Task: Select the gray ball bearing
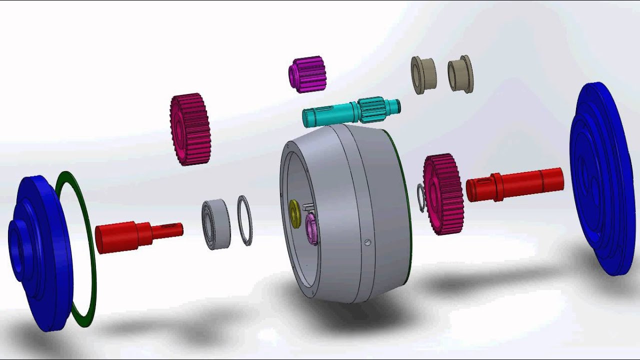coord(216,224)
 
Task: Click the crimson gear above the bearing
coord(190,129)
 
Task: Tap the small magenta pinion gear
coord(307,74)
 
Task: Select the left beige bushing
coord(423,75)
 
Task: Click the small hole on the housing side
coord(368,243)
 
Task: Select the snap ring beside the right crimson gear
coord(421,197)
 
